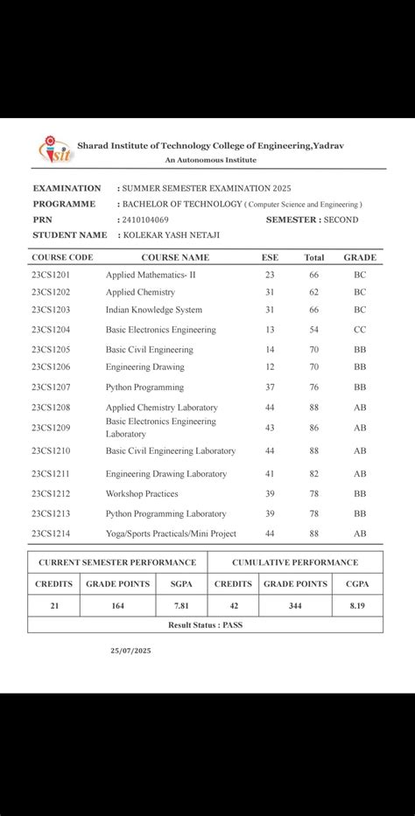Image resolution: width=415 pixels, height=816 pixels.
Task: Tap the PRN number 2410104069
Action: point(145,220)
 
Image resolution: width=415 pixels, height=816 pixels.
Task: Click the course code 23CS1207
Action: point(51,387)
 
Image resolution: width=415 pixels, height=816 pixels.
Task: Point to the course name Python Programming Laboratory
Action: point(166,514)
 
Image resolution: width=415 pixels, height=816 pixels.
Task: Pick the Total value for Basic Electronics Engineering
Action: point(313,330)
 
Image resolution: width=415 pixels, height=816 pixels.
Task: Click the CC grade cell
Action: point(360,330)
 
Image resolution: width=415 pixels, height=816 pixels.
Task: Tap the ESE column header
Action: point(270,258)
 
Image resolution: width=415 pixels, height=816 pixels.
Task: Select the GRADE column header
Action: point(360,258)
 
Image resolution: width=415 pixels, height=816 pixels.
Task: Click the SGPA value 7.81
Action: point(181,605)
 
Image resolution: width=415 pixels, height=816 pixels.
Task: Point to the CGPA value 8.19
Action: point(357,605)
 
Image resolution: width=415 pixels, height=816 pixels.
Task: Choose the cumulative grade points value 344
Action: point(295,605)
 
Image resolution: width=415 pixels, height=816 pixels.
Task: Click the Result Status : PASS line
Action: point(206,625)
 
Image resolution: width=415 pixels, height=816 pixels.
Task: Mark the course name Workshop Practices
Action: point(142,494)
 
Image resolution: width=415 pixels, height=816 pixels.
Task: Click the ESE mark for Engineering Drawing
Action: point(270,367)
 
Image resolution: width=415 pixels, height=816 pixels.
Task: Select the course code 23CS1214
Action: point(51,534)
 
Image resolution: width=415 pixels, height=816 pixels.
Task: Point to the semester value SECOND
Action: point(341,220)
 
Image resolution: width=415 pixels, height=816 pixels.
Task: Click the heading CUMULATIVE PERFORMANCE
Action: point(295,562)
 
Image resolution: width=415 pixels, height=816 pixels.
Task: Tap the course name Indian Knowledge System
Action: point(154,310)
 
